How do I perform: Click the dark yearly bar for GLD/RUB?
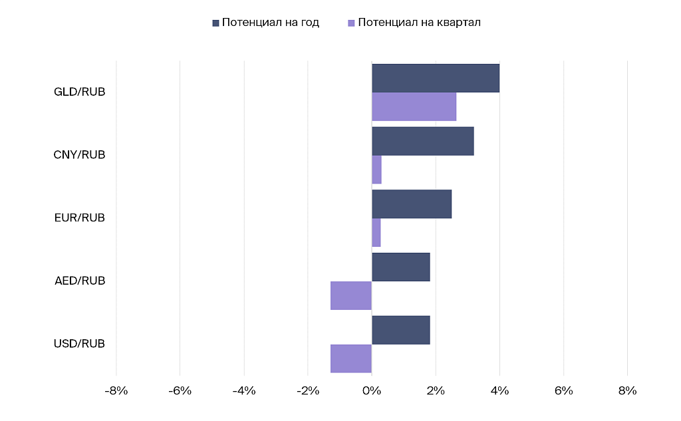(x=436, y=78)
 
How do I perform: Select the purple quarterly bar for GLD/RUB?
(x=414, y=106)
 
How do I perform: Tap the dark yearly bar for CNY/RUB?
(x=422, y=141)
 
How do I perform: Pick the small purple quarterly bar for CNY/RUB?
(x=376, y=170)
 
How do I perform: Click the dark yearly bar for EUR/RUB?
(x=412, y=204)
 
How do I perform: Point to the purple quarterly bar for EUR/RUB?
(x=376, y=233)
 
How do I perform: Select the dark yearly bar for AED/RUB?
(x=401, y=267)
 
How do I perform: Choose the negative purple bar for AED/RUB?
(x=351, y=295)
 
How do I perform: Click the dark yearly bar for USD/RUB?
(x=401, y=330)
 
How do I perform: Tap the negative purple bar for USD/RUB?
(x=351, y=358)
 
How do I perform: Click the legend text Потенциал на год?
(x=271, y=23)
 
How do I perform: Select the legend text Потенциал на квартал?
(x=419, y=23)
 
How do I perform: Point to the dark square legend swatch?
(x=215, y=23)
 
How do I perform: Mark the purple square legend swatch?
(x=351, y=23)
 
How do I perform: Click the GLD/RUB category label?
(x=79, y=92)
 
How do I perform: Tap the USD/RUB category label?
(x=79, y=344)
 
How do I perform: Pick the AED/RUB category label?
(x=80, y=281)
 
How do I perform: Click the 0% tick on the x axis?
(x=372, y=391)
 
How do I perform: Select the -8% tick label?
(x=116, y=391)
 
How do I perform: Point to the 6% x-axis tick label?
(x=563, y=391)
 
